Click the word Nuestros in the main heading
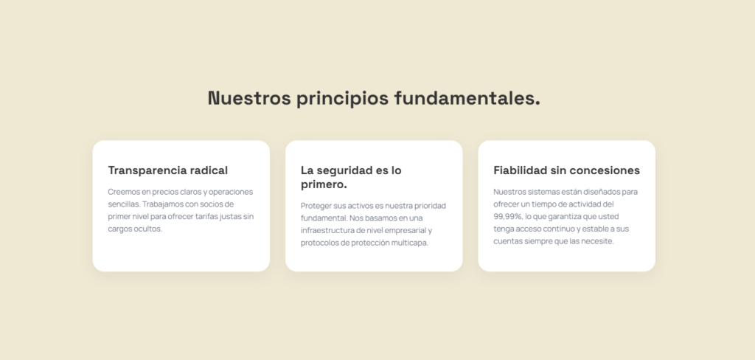pos(249,98)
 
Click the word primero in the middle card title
pos(322,184)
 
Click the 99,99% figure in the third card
pos(507,217)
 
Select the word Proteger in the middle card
pos(316,207)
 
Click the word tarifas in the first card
pos(206,216)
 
